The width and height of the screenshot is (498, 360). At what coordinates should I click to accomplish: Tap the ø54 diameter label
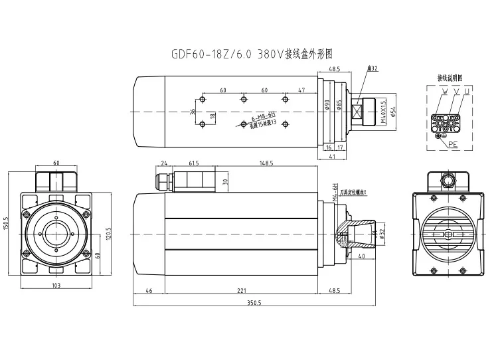tap(394, 113)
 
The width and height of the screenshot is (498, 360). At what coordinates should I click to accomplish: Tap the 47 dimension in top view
tap(301, 89)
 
